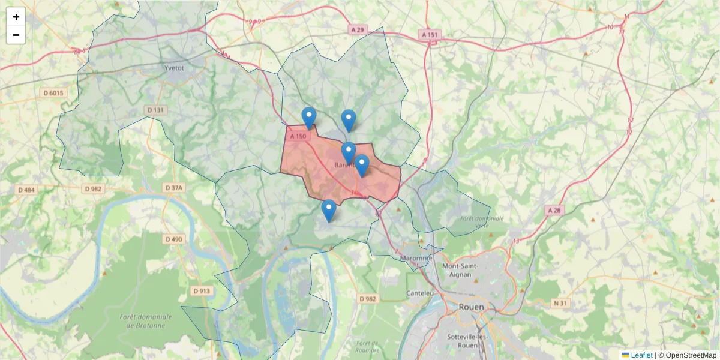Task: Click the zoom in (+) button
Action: point(16,17)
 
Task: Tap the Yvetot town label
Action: point(173,68)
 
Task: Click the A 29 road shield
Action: point(358,29)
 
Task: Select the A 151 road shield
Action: point(430,35)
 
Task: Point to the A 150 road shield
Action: point(298,137)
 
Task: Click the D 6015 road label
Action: point(53,93)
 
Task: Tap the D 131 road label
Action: point(155,110)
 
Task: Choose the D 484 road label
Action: point(26,190)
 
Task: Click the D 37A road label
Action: point(173,188)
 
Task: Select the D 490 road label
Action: point(173,239)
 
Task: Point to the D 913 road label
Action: point(202,291)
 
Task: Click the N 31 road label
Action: point(560,303)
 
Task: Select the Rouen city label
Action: point(471,307)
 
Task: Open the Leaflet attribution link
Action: point(641,355)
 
